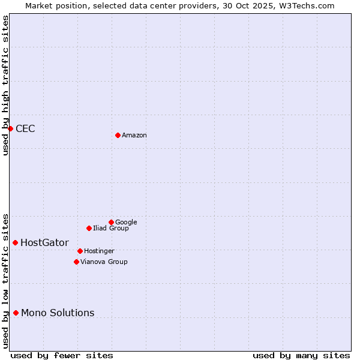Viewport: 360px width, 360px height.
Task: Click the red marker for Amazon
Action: coord(118,135)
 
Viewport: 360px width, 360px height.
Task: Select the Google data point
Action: coord(111,222)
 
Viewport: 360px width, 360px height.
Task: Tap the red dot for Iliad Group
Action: coord(89,228)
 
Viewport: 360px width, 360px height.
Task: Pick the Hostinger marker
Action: coord(80,251)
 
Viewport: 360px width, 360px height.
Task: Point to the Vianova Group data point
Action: coord(76,262)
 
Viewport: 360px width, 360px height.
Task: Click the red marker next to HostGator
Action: coord(16,242)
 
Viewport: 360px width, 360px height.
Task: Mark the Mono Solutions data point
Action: coord(16,313)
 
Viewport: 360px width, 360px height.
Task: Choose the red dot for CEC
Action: coord(10,128)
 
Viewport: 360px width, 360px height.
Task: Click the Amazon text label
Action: coord(134,136)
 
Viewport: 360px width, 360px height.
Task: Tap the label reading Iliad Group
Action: coord(111,229)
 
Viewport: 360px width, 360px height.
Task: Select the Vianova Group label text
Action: coord(104,262)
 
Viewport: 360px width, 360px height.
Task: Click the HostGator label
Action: coord(44,243)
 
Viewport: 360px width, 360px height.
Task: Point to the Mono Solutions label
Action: coord(58,313)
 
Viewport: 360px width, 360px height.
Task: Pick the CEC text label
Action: coord(25,129)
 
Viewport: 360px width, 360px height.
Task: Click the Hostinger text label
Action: coord(99,251)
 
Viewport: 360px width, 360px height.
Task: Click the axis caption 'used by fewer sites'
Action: coord(62,356)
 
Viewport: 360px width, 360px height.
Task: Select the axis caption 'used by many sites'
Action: coord(301,356)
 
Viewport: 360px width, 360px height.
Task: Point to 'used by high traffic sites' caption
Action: coord(6,85)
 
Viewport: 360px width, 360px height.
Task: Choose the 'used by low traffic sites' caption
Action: coord(6,281)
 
